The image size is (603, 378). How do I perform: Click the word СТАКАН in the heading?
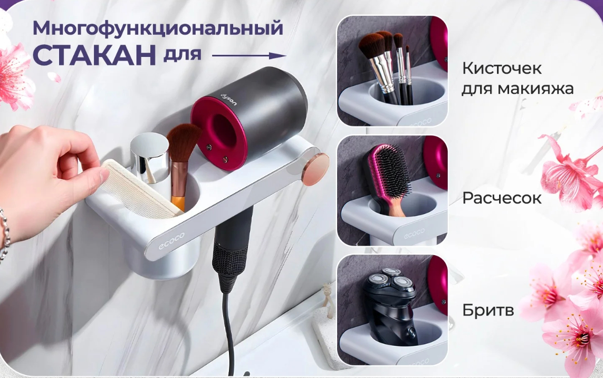coord(94,54)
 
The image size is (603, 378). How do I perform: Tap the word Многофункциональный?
coord(158,28)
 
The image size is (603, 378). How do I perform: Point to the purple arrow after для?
coord(249,56)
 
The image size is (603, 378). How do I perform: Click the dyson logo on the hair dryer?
coord(228,100)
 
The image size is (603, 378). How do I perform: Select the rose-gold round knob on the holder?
coord(315,169)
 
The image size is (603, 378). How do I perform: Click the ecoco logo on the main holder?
coord(171,241)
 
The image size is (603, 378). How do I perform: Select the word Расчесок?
coord(502,198)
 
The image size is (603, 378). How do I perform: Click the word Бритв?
coord(488,309)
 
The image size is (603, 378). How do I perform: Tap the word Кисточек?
coord(502,69)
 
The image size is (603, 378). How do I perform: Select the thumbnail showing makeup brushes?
coord(393,71)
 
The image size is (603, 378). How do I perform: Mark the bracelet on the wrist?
coord(5,235)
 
